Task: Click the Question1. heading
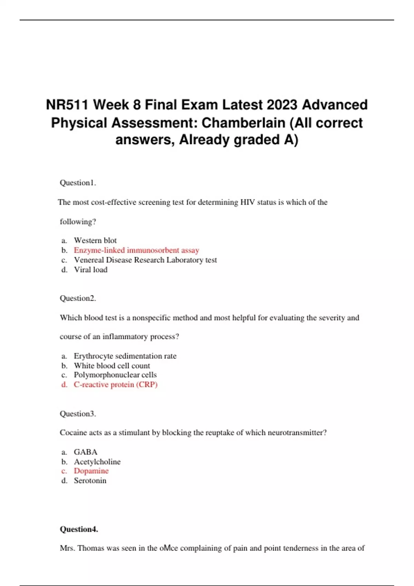(78, 183)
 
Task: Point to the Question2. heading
(78, 298)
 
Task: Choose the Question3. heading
(78, 414)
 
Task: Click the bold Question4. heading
(79, 529)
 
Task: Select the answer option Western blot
(95, 240)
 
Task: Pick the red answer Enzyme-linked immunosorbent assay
(136, 250)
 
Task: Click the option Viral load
(90, 270)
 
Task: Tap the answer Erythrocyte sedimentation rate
(125, 356)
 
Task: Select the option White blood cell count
(112, 365)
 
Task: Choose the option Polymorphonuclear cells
(115, 375)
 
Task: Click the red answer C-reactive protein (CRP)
(116, 384)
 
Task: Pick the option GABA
(86, 452)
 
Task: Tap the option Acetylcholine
(97, 462)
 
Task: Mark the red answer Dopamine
(91, 471)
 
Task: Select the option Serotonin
(90, 481)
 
